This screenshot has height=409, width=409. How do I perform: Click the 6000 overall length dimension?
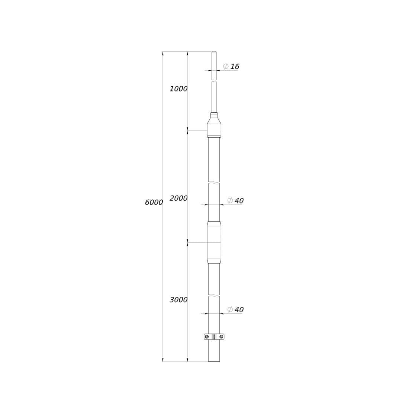click(154, 203)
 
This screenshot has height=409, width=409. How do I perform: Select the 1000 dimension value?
click(178, 89)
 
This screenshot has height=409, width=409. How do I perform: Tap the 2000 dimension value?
click(178, 199)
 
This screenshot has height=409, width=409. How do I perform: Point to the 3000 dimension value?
click(178, 300)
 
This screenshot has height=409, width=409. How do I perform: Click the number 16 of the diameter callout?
click(235, 67)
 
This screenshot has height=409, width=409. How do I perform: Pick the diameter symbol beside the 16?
click(226, 67)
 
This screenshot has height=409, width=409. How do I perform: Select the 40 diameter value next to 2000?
click(239, 201)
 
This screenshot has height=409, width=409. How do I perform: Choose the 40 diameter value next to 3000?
click(239, 310)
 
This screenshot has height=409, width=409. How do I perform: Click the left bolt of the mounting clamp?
click(207, 337)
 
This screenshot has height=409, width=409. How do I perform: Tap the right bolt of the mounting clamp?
click(222, 337)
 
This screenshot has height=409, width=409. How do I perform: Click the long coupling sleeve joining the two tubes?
click(214, 242)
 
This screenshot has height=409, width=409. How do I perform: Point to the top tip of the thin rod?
click(214, 52)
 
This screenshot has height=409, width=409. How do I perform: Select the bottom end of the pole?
click(214, 361)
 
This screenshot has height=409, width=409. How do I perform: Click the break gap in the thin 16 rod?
click(214, 81)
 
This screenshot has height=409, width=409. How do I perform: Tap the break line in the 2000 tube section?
click(214, 183)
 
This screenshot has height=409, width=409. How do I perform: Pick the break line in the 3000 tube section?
click(214, 296)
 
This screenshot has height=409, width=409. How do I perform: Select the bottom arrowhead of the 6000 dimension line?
click(163, 360)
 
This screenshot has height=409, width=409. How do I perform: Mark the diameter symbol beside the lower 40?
click(230, 309)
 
